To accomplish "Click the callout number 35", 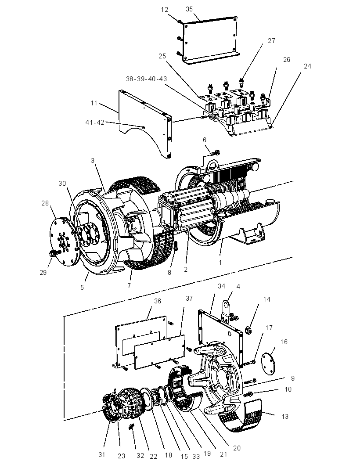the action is pos(189,9).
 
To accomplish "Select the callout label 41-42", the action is pos(95,122).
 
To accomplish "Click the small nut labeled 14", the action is pos(248,330).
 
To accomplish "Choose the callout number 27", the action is pos(271,40).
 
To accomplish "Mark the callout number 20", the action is pos(237,448).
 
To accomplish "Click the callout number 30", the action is pos(62,183).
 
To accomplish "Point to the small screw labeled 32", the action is pos(131,428).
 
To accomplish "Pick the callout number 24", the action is pos(307,66).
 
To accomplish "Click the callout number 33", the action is pos(196,456).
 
